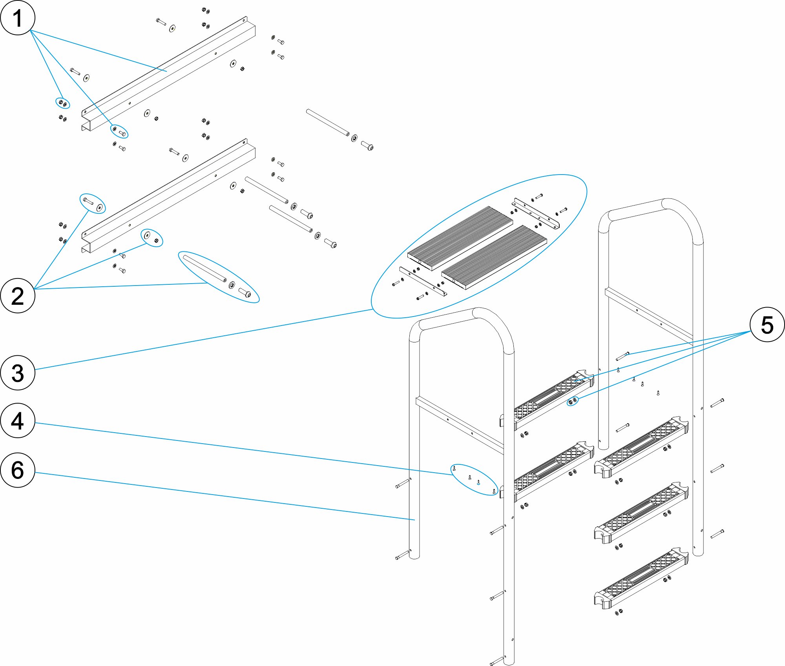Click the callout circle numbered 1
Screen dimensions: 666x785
18,18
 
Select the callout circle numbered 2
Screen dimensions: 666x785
18,296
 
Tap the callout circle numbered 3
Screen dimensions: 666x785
18,373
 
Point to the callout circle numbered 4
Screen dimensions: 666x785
18,420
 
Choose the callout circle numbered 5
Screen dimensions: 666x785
767,325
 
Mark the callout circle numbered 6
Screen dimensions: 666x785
18,470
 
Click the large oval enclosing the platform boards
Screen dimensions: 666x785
479,246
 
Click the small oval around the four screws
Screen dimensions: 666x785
474,480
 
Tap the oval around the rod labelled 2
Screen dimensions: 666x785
219,277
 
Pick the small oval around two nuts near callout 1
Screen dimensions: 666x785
62,103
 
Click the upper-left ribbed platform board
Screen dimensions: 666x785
460,238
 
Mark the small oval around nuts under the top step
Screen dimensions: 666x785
573,401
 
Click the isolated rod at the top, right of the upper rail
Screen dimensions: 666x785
328,122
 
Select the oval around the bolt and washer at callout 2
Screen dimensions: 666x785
93,204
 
